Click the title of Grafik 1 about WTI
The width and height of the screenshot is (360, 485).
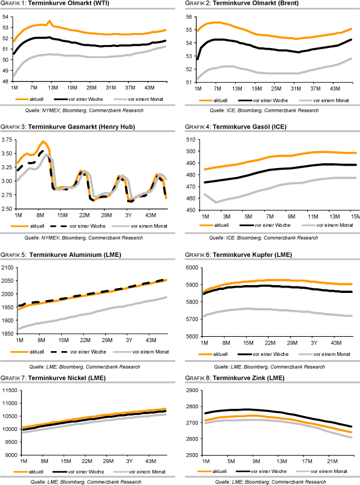(48, 5)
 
